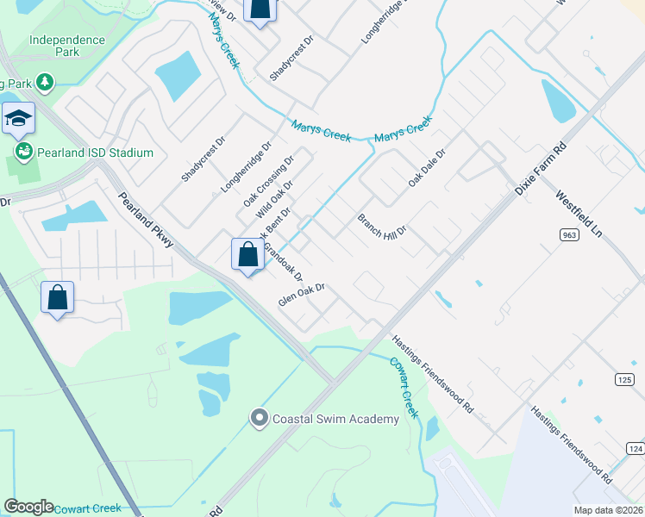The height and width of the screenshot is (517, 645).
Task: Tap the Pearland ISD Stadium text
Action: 95,153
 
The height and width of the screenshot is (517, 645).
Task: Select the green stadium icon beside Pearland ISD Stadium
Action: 23,153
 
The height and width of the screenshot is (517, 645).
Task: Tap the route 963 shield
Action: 568,234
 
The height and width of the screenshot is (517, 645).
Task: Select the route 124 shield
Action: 635,449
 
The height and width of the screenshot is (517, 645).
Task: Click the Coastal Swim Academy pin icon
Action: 259,419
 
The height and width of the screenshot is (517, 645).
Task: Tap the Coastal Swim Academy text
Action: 335,420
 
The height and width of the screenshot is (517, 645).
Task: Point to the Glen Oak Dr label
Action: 300,296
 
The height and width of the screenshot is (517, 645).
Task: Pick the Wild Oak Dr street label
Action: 275,199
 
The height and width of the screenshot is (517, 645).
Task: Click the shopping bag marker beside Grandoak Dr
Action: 247,254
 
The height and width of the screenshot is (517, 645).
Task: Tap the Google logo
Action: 28,507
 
